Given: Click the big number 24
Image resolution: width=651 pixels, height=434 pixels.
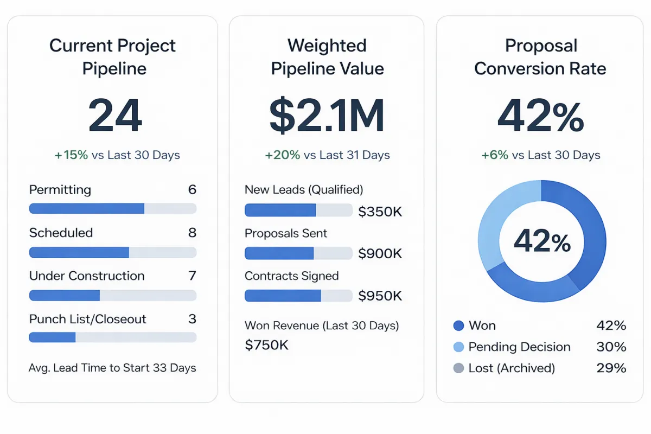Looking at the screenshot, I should (115, 116).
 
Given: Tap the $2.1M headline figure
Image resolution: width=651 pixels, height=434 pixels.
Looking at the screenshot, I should (327, 116).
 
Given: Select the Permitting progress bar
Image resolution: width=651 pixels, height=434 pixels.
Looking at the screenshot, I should (112, 208).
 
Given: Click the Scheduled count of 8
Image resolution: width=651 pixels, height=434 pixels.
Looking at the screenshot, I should (192, 233).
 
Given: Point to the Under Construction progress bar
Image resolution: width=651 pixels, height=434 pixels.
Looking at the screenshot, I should (112, 295).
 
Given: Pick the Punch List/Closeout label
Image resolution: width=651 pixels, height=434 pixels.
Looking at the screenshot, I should (88, 319).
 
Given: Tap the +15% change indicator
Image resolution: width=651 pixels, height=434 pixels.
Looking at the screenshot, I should (71, 155).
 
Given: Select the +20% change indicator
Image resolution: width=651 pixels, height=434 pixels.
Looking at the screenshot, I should (283, 155).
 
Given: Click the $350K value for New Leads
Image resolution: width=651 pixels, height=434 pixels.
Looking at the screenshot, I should (380, 212).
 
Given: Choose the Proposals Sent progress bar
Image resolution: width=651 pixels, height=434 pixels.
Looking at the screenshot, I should (298, 253).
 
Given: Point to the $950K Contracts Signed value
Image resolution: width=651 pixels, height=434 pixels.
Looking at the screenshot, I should (380, 296).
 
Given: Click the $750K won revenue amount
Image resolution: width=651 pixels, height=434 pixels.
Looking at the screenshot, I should (267, 345).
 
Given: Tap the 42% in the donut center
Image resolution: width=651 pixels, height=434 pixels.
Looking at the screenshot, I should (542, 241).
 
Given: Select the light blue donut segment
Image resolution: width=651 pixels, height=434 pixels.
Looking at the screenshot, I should (502, 217).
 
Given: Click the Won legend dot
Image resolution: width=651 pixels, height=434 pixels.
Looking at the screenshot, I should (458, 325).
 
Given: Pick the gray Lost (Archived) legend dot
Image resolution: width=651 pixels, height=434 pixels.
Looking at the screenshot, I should (458, 368).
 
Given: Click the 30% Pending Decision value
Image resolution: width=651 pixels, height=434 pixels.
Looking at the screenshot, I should (611, 347).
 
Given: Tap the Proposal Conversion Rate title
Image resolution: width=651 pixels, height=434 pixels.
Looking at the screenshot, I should (540, 57).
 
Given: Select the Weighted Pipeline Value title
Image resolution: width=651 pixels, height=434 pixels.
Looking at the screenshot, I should (327, 57).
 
